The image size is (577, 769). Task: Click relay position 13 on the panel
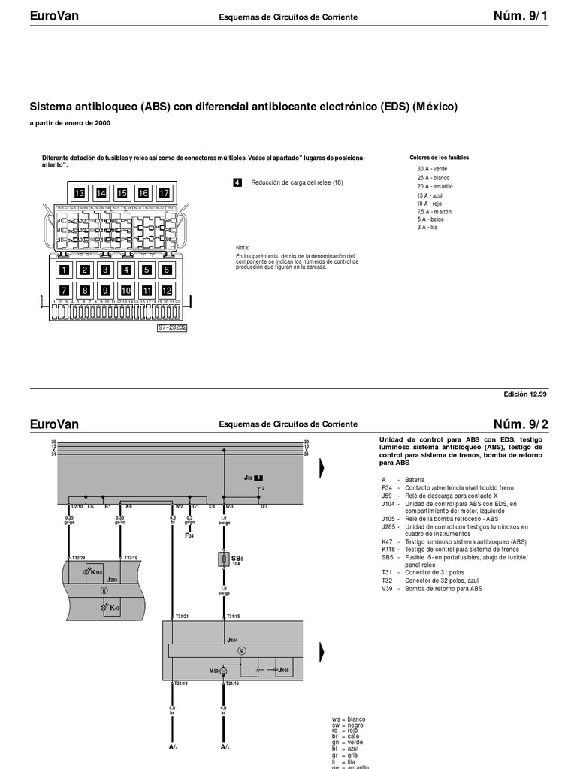tap(80, 194)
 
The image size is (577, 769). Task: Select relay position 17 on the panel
tap(164, 194)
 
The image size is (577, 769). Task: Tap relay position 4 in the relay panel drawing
tap(126, 270)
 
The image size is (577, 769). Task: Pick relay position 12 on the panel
tap(167, 291)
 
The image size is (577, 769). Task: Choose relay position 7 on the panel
tap(65, 291)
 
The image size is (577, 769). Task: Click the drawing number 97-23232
tap(172, 327)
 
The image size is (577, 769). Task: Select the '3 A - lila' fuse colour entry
tap(427, 228)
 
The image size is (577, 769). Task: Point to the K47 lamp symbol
tap(104, 607)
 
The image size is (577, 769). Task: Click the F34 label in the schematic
tap(189, 535)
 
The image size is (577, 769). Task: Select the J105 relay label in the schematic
tap(284, 670)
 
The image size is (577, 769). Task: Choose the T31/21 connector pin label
tap(180, 617)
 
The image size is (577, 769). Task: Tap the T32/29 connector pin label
tap(78, 558)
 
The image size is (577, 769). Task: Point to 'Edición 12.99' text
tap(526, 394)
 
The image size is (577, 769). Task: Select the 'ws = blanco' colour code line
tap(349, 719)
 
